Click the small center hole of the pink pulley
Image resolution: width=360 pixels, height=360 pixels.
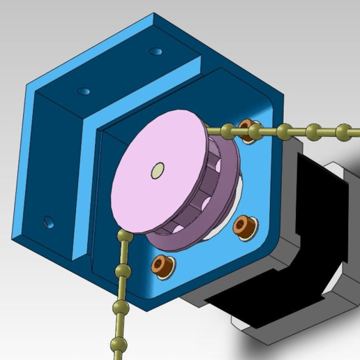click(158, 170)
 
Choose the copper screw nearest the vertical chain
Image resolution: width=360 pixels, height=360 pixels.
click(162, 264)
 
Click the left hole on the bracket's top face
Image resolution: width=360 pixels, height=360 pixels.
click(84, 91)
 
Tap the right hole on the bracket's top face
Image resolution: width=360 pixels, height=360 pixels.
click(157, 51)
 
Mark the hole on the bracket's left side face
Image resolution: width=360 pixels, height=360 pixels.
click(48, 222)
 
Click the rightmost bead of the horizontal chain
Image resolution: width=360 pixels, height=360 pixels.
click(343, 130)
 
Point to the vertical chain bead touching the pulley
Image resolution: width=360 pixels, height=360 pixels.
click(125, 237)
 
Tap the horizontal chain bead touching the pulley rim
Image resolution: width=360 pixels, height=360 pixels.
click(227, 129)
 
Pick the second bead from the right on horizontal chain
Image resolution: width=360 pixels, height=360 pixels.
click(315, 130)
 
